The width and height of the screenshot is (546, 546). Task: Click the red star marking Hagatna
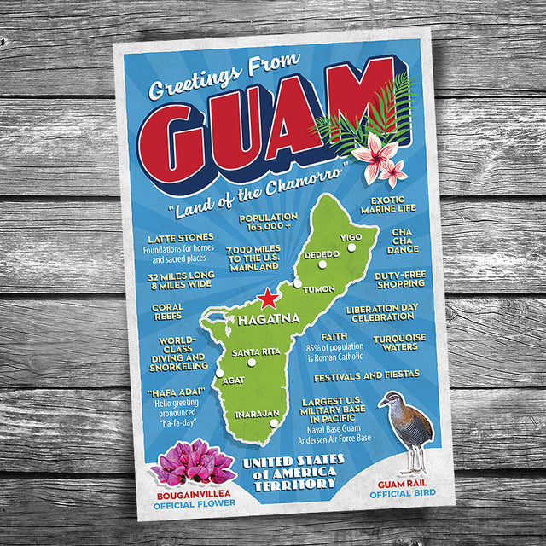[x=269, y=299]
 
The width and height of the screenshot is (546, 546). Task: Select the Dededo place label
[x=322, y=253]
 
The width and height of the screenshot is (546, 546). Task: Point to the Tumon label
[x=319, y=288]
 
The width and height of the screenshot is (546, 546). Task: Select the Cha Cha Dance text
[x=402, y=241]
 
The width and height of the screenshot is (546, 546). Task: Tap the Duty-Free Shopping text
[x=400, y=279]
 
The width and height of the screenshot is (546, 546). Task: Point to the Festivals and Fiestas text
[x=366, y=375]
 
